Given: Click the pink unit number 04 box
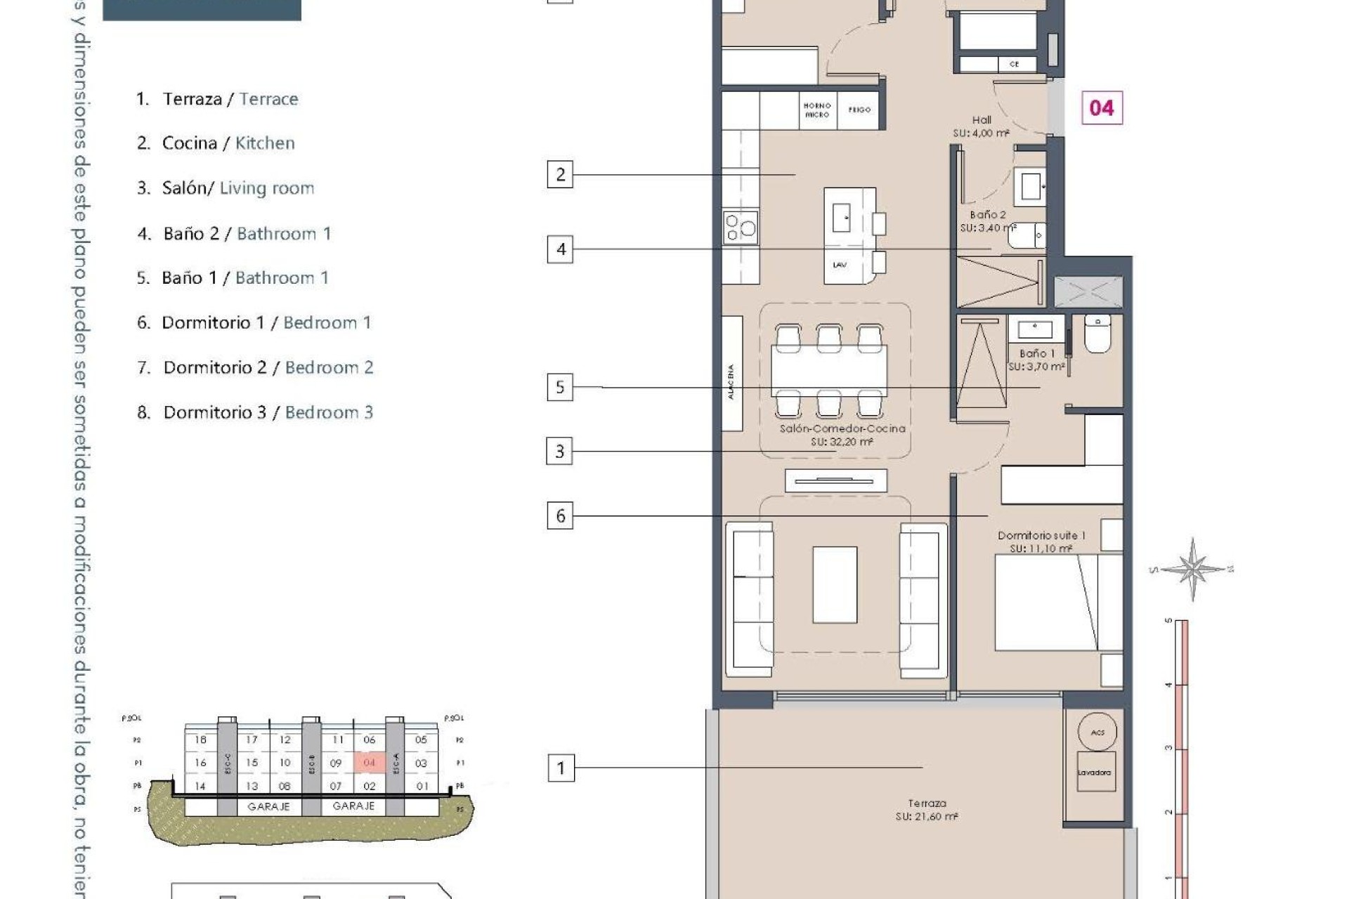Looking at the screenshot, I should (x=1102, y=107).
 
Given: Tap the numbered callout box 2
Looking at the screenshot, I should (x=560, y=174).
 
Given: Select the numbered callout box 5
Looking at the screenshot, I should (x=560, y=387).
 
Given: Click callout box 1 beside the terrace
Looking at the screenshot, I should (x=561, y=768).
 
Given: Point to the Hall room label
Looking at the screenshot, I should (x=982, y=120).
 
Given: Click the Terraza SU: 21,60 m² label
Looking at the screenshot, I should (x=927, y=810).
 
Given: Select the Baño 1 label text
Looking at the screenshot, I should (x=1037, y=353).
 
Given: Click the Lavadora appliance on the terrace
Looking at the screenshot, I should (x=1095, y=772).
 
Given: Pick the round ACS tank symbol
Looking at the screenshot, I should (x=1097, y=732).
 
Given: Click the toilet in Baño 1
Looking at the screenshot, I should (x=1097, y=334).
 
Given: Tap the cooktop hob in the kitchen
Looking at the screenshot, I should (x=741, y=227).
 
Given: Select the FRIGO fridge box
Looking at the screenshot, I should (x=859, y=110).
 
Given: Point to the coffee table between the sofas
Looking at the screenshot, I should (x=835, y=584).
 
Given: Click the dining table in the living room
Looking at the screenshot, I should (x=829, y=371).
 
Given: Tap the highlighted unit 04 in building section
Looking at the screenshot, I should (x=370, y=762).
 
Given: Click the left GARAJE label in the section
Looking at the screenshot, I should (x=268, y=807).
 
